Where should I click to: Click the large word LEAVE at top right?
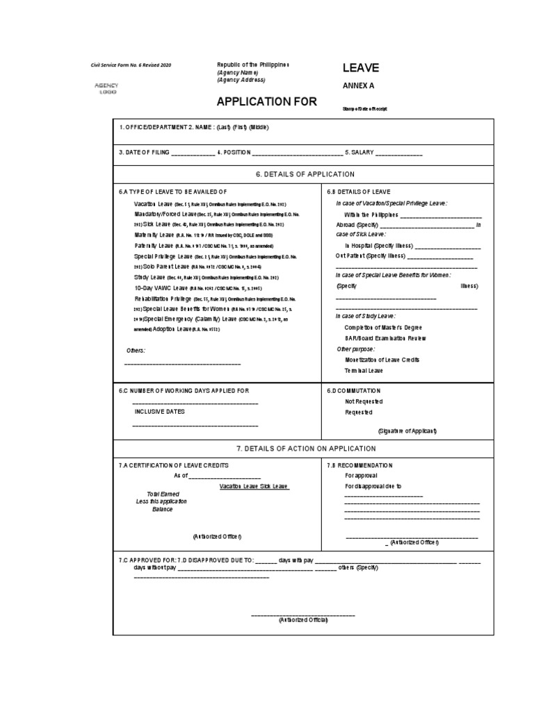[x=360, y=67]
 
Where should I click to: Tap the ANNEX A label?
[x=358, y=86]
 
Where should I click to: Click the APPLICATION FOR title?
[x=266, y=101]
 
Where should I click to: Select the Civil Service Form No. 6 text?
[x=131, y=65]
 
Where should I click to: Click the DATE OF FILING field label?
[x=143, y=152]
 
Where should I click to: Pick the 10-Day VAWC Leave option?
[x=161, y=287]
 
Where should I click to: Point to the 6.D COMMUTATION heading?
[x=354, y=391]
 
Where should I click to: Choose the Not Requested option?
[x=364, y=401]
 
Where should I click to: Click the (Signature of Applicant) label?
[x=407, y=430]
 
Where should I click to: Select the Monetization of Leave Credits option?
[x=382, y=360]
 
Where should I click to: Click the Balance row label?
[x=162, y=509]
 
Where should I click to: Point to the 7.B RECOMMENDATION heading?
[x=360, y=465]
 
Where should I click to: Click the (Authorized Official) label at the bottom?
[x=302, y=619]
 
